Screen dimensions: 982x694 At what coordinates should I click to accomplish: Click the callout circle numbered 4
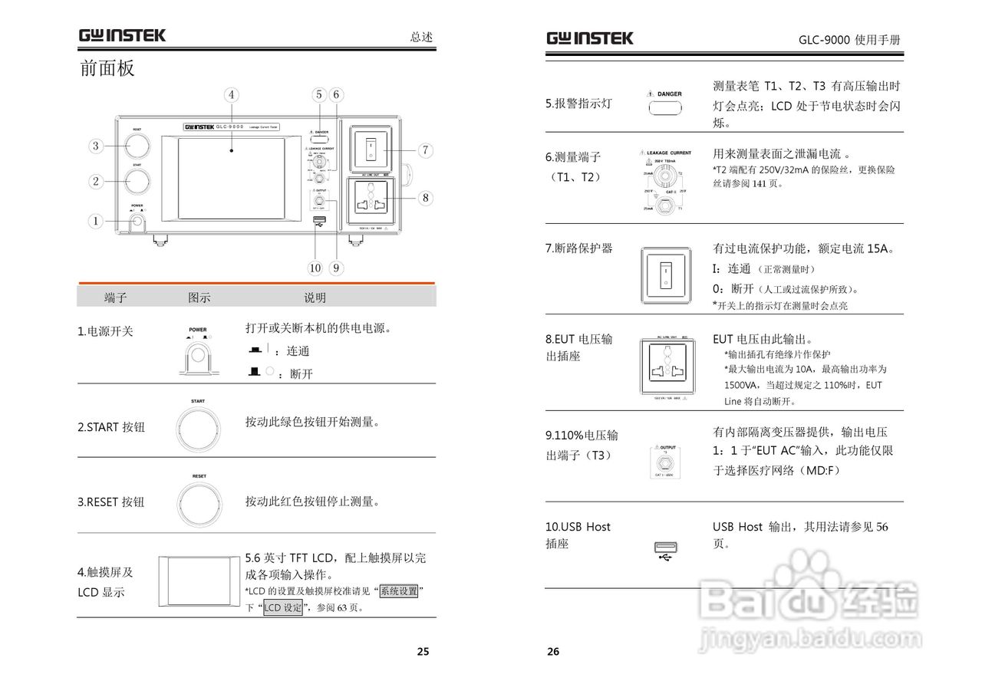[231, 95]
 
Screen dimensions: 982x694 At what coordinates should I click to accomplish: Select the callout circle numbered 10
[315, 268]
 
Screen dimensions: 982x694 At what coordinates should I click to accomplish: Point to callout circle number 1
[96, 221]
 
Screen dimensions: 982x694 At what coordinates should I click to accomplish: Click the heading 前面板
[107, 68]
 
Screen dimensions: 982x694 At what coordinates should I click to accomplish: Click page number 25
[423, 652]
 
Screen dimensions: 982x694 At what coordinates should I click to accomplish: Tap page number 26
[553, 652]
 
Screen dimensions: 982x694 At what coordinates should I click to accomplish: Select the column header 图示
[199, 298]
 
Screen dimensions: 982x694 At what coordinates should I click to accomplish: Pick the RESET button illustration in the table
[199, 503]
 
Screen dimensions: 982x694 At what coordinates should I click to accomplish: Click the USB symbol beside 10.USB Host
[665, 551]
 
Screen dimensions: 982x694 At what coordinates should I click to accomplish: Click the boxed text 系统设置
[399, 591]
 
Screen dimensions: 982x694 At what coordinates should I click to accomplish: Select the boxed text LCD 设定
[283, 607]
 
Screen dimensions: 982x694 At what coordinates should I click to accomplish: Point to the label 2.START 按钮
[111, 427]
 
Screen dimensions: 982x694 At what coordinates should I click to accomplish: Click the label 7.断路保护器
[579, 248]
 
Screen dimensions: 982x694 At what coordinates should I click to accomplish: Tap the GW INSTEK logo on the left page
[121, 35]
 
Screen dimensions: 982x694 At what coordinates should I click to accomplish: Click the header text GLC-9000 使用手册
[849, 40]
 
